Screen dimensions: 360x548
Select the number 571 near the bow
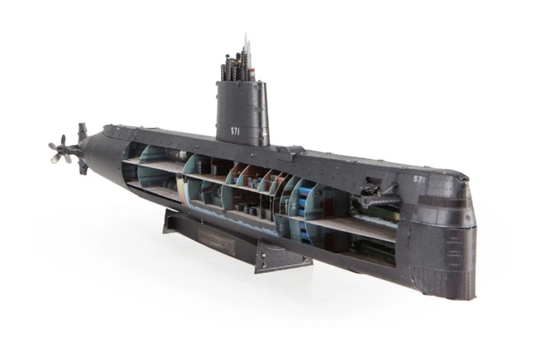pos(420,179)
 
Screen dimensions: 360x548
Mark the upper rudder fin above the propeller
pos(82,132)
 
